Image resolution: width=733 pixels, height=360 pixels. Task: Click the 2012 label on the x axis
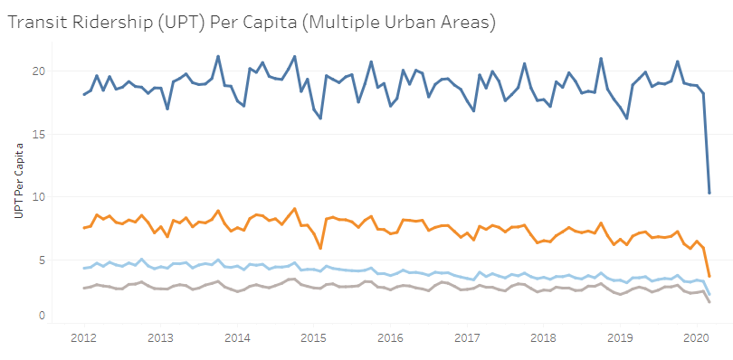(83, 338)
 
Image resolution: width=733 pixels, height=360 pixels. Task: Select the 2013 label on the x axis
(160, 338)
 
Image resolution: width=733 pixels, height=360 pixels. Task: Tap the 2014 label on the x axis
(237, 338)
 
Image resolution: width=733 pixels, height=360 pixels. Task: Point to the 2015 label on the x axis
(313, 338)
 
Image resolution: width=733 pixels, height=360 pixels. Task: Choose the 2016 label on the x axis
(390, 338)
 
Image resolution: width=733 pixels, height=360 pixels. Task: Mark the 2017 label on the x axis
(467, 338)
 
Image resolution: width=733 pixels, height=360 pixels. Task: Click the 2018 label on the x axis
(543, 338)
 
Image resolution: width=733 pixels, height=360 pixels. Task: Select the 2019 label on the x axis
(620, 338)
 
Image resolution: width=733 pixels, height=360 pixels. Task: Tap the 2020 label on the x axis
(696, 338)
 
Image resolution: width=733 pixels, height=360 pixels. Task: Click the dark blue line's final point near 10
(709, 193)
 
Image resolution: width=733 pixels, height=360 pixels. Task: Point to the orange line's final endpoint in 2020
(709, 277)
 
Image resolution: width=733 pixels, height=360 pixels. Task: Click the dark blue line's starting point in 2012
(83, 94)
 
